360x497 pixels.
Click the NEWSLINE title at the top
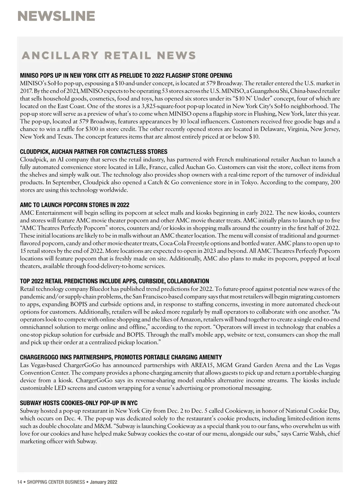coord(56,16)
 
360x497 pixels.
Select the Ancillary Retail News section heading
coord(109,55)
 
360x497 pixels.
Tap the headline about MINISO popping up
coord(126,75)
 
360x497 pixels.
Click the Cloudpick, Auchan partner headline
coord(94,151)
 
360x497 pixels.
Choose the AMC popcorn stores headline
coord(74,205)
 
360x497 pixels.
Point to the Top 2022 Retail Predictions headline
coord(114,281)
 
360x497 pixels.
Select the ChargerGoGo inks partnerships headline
coord(121,357)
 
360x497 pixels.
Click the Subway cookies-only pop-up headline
coord(79,403)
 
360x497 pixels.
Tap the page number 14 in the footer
coord(19,482)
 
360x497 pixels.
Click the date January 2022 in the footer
coord(103,482)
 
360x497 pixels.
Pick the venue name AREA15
coord(202,365)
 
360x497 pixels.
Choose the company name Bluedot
coord(99,289)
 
